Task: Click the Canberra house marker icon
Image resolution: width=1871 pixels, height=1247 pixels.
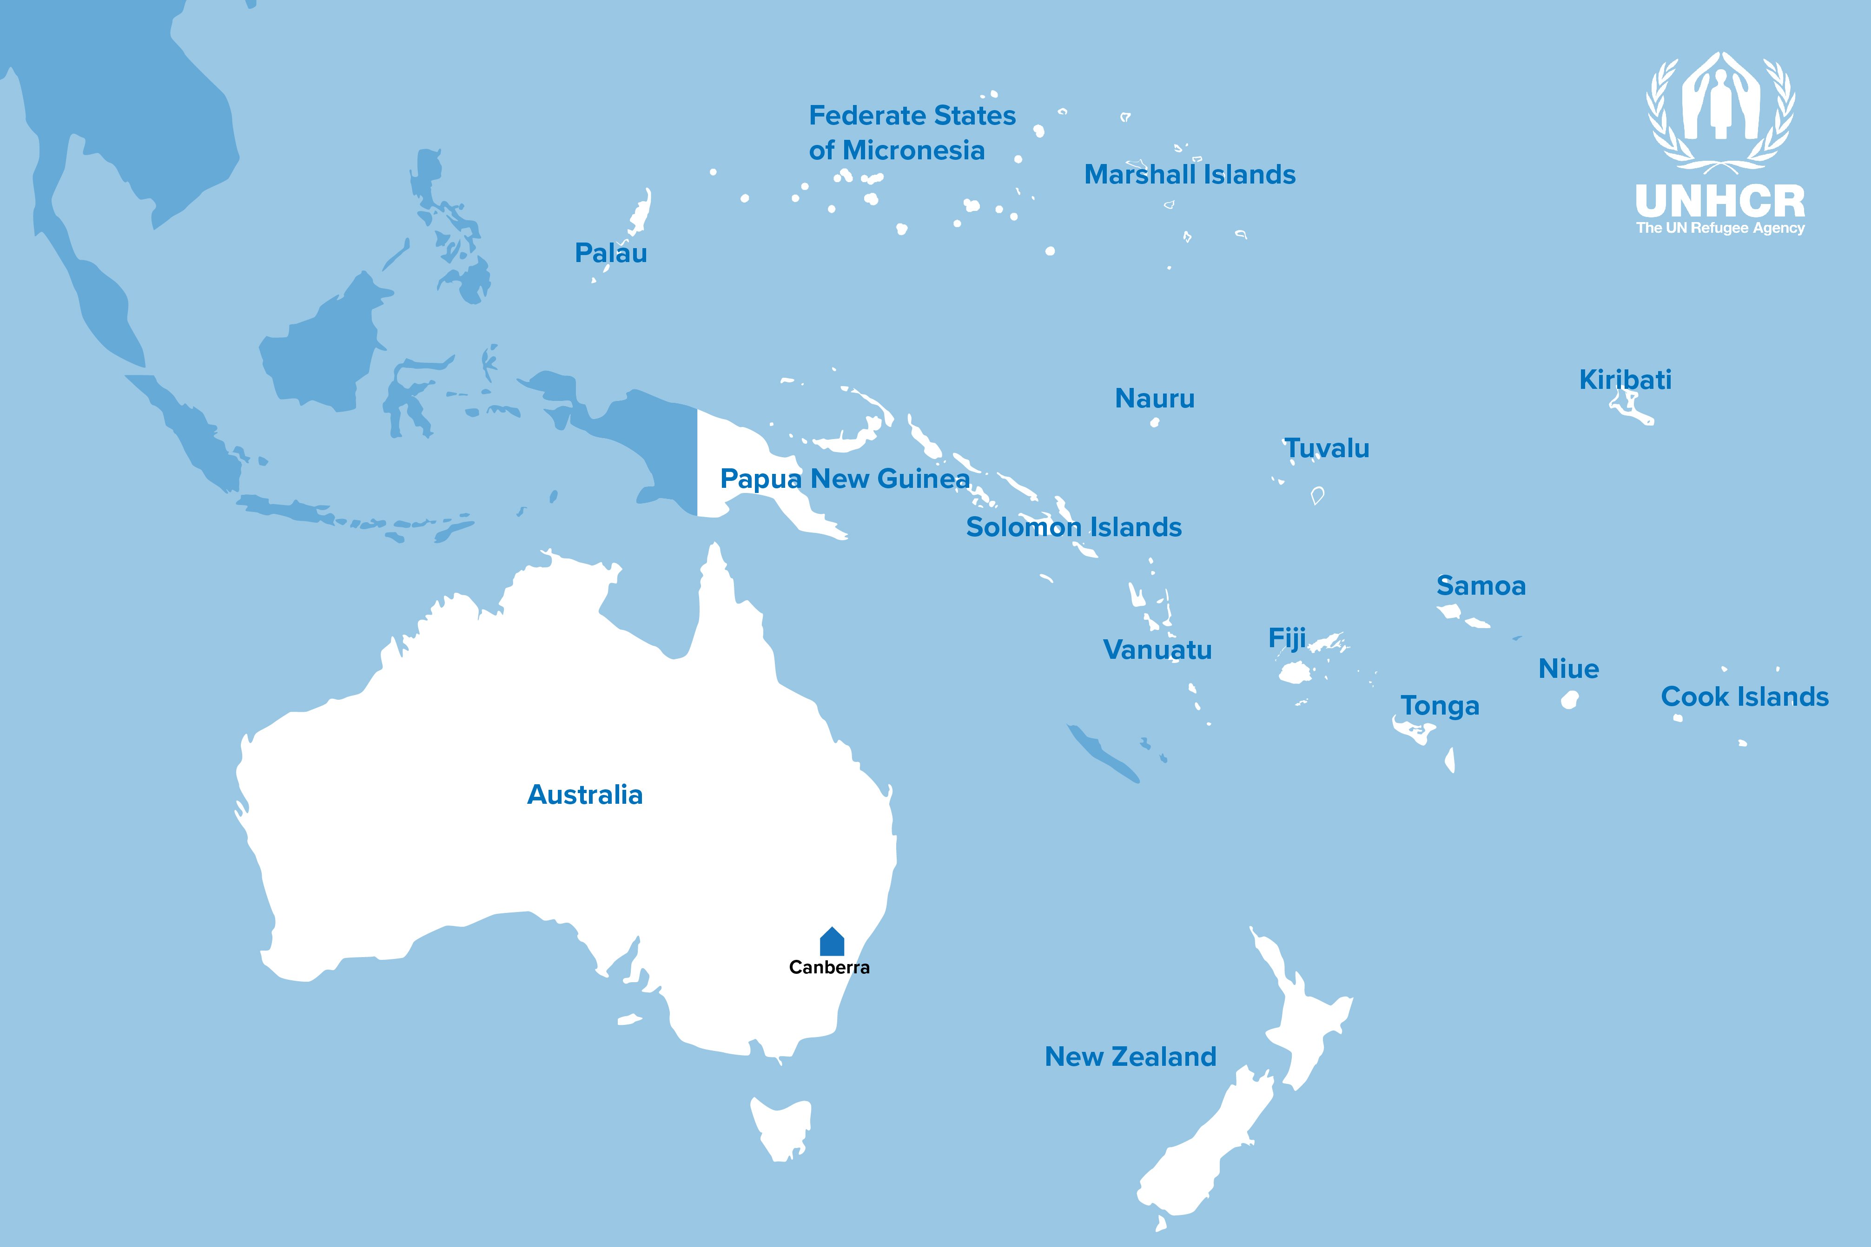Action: [x=831, y=942]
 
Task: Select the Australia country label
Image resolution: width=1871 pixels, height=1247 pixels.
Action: [x=585, y=794]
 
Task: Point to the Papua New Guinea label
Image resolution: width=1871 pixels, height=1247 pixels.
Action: [x=844, y=479]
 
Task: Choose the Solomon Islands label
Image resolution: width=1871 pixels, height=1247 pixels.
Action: [x=1073, y=527]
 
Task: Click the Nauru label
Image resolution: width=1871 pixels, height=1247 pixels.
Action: [x=1154, y=399]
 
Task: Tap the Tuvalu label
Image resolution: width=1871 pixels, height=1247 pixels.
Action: [x=1326, y=448]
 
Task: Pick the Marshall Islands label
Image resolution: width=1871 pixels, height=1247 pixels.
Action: [x=1189, y=175]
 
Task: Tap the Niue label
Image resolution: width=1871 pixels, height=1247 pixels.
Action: [x=1568, y=669]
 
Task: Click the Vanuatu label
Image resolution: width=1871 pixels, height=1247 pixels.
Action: [x=1157, y=650]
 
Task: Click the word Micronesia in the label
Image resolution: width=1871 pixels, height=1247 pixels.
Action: [x=913, y=151]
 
